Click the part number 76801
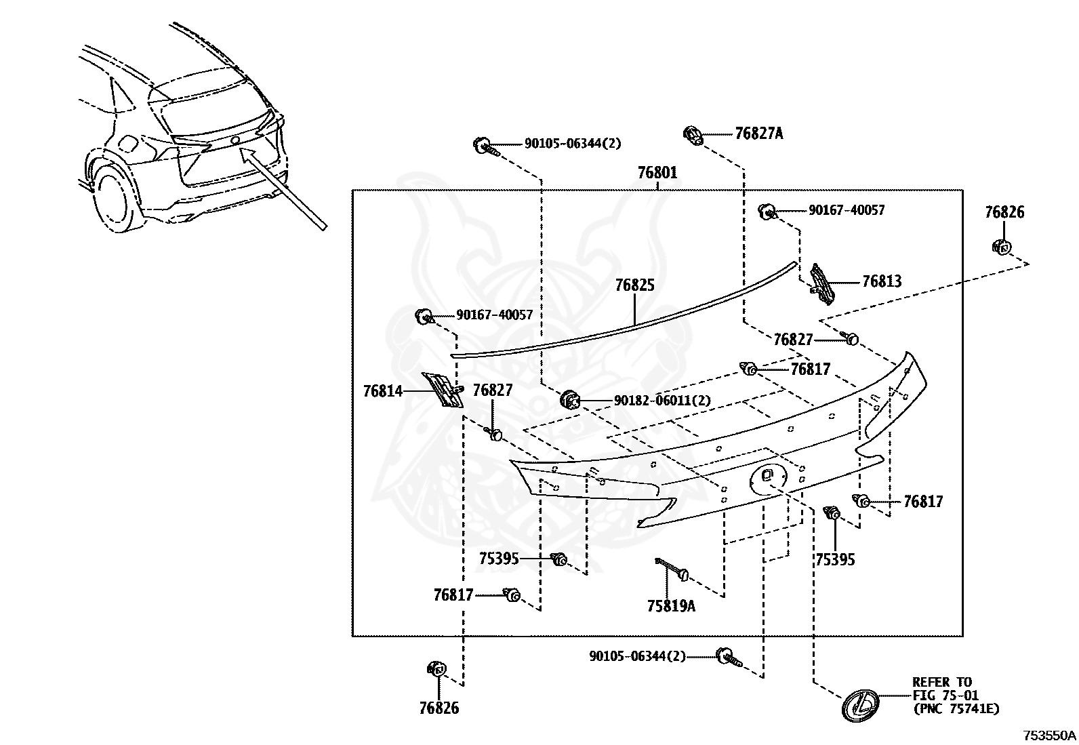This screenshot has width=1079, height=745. [x=657, y=173]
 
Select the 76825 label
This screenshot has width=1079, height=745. [x=634, y=285]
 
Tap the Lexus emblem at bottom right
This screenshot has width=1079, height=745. [x=860, y=704]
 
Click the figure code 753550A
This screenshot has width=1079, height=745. [x=1049, y=735]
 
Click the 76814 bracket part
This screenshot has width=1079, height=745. [x=442, y=390]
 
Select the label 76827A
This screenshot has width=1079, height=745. [x=758, y=134]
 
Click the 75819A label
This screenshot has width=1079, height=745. [x=671, y=606]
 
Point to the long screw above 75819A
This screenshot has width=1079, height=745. [x=671, y=567]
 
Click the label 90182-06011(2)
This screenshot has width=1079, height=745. [x=661, y=401]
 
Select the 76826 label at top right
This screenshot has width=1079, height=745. [x=1004, y=212]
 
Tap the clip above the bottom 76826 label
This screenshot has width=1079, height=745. [x=436, y=669]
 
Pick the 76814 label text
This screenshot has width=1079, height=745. [x=382, y=391]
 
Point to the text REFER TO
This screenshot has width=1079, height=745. [x=941, y=682]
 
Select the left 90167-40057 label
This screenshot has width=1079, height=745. [x=494, y=315]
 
